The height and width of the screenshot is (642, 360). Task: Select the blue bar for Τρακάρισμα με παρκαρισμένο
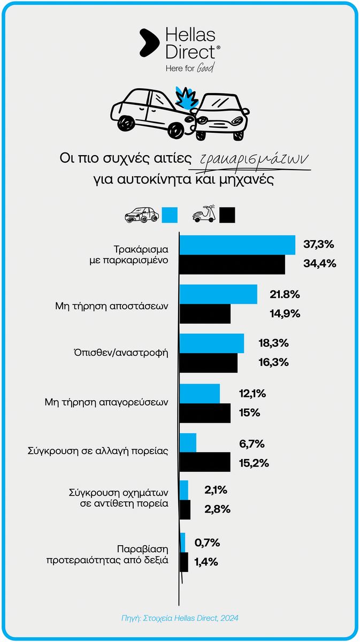[x=237, y=245]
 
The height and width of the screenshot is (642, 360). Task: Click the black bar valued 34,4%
[x=232, y=264]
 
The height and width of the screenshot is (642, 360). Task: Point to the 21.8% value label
[x=285, y=294]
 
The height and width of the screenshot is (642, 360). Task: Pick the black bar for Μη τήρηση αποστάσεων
[x=205, y=314]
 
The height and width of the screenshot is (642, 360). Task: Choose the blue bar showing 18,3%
[x=212, y=343]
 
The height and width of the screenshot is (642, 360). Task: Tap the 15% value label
[x=250, y=413]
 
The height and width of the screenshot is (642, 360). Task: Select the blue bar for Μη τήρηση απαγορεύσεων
[x=200, y=393]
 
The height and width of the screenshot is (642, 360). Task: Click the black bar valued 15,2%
[x=205, y=462]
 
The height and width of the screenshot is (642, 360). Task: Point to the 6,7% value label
[x=251, y=444]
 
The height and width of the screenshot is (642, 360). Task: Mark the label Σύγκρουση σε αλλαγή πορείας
[x=98, y=451]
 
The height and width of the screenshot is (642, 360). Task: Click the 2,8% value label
[x=217, y=509]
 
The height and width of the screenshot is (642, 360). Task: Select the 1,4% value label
[x=206, y=562]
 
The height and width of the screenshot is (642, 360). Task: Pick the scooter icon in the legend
[x=204, y=214]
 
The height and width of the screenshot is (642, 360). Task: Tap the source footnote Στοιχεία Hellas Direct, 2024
[x=180, y=618]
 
